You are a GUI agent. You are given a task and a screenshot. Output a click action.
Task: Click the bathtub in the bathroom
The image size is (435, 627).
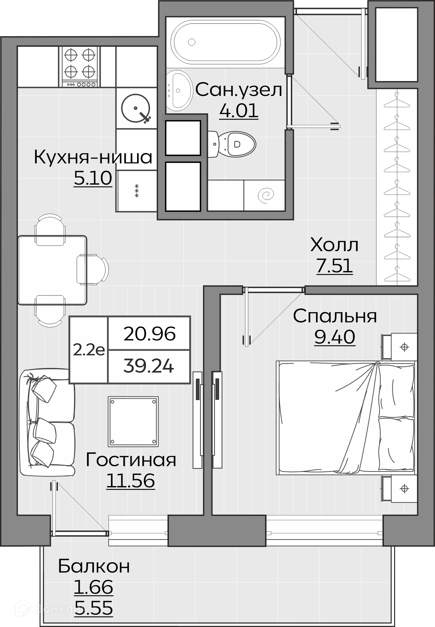[225, 42]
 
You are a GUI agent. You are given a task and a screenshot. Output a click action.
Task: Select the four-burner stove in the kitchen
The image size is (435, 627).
[79, 67]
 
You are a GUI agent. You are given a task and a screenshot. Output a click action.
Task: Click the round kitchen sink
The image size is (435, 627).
[136, 108]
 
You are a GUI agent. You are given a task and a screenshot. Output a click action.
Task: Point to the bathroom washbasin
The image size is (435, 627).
[179, 91]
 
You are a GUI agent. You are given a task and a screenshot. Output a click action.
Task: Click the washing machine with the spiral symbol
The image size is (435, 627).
[265, 195]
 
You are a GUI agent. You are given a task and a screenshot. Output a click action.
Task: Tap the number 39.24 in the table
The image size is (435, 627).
[148, 366]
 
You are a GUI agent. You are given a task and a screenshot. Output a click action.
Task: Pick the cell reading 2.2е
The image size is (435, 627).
[89, 350]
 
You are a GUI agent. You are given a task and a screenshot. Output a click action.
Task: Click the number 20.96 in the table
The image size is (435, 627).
[149, 334]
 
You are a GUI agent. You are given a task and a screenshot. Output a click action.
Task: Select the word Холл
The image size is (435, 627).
[334, 245]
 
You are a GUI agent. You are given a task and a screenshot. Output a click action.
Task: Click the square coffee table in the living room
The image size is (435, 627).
[133, 421]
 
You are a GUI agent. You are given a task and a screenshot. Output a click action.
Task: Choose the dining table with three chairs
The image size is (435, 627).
[53, 270]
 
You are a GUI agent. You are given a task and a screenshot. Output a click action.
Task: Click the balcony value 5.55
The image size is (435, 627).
[94, 608]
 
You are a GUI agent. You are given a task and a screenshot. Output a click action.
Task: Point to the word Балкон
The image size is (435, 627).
[94, 566]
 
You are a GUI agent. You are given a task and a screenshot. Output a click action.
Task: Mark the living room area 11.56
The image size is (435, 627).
[130, 481]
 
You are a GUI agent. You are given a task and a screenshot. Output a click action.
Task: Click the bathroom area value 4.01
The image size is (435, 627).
[239, 111]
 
